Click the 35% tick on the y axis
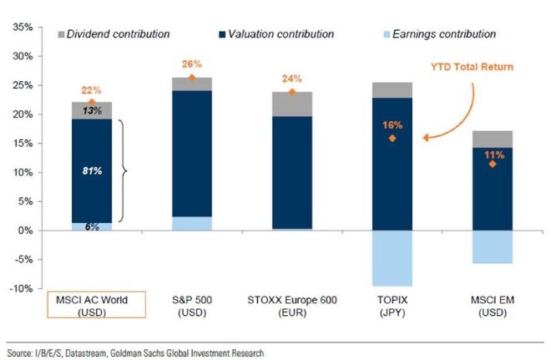[21, 28]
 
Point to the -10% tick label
[19, 289]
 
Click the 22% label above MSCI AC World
[91, 90]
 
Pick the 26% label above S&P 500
[192, 64]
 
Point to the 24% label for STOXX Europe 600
[291, 79]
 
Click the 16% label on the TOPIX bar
[392, 124]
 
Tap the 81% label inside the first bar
[91, 172]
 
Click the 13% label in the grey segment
[91, 111]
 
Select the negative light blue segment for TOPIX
[392, 258]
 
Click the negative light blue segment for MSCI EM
[493, 246]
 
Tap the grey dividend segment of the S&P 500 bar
[192, 84]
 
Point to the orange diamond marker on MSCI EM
[493, 164]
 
